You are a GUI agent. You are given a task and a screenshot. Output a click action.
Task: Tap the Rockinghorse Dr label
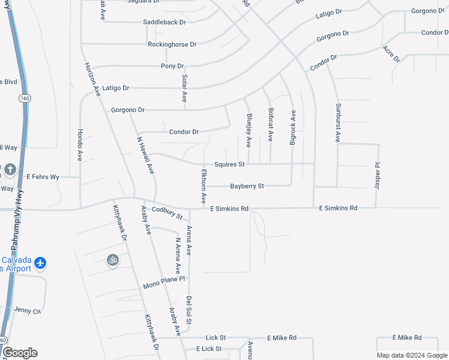click(x=172, y=44)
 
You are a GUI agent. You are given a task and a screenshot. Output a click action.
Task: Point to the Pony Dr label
click(x=172, y=66)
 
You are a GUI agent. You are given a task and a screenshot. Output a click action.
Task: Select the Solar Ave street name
click(x=184, y=88)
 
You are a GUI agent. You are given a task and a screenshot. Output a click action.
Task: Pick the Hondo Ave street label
click(x=80, y=145)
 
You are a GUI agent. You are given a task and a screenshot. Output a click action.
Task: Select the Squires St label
click(x=229, y=164)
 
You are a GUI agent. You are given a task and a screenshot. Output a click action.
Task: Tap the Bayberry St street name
click(x=247, y=187)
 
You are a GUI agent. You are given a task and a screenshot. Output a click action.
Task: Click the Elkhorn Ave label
click(x=204, y=184)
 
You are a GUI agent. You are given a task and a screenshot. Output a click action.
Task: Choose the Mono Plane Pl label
click(x=164, y=283)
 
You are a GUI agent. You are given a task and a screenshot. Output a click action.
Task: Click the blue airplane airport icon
click(x=40, y=263)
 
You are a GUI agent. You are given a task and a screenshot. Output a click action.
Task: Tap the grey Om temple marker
click(x=112, y=260)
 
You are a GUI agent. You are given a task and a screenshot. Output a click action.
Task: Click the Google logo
click(x=20, y=353)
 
